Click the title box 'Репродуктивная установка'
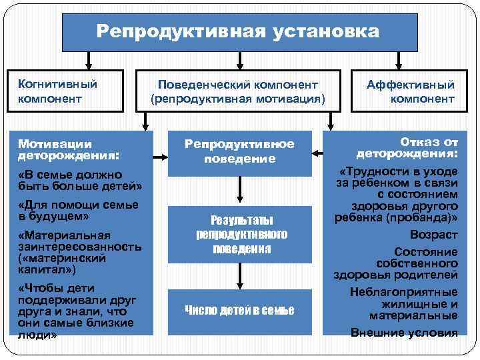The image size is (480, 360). tap(239, 31)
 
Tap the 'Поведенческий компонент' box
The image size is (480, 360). tap(238, 91)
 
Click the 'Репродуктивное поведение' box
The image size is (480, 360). tap(239, 151)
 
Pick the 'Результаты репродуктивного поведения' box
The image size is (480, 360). tap(239, 234)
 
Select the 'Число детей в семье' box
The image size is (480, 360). tap(239, 310)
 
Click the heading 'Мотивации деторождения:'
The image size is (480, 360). tap(69, 149)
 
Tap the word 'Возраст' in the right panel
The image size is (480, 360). tap(433, 235)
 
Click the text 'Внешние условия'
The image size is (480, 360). tap(404, 333)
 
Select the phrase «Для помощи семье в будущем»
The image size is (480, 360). tap(78, 211)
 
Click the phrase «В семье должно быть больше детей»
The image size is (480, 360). tap(80, 179)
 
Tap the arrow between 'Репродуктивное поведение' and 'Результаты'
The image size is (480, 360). tap(239, 191)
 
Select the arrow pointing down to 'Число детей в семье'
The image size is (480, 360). tap(239, 275)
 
